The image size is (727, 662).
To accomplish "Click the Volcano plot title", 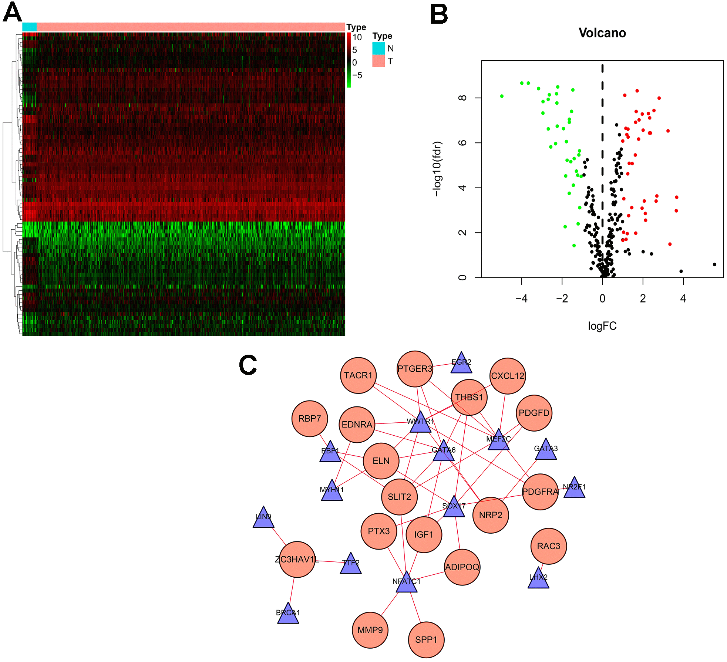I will pyautogui.click(x=602, y=33).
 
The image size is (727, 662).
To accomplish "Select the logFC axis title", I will pyautogui.click(x=602, y=326).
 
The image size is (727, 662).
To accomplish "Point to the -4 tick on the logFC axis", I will pyautogui.click(x=522, y=298).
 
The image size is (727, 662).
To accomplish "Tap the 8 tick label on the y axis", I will pyautogui.click(x=462, y=98).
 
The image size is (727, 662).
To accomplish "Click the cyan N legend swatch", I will pyautogui.click(x=378, y=48).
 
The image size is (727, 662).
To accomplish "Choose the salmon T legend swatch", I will pyautogui.click(x=378, y=61).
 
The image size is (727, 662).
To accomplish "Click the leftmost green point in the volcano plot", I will pyautogui.click(x=502, y=96).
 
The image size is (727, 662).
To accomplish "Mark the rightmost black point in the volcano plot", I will pyautogui.click(x=714, y=264).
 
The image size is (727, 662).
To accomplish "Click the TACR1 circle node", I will pyautogui.click(x=358, y=375).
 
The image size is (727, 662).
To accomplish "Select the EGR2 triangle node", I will pyautogui.click(x=461, y=364).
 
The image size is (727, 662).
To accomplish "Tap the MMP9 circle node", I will pyautogui.click(x=370, y=630).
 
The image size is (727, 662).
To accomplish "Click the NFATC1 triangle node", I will pyautogui.click(x=407, y=583).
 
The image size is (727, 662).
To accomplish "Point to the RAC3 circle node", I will pyautogui.click(x=548, y=546).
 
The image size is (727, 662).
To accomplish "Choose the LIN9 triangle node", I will pyautogui.click(x=263, y=519).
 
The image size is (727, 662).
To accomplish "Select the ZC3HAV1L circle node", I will pyautogui.click(x=297, y=559).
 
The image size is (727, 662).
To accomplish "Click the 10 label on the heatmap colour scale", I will pyautogui.click(x=357, y=37).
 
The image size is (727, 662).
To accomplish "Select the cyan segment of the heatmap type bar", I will pyautogui.click(x=30, y=27).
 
